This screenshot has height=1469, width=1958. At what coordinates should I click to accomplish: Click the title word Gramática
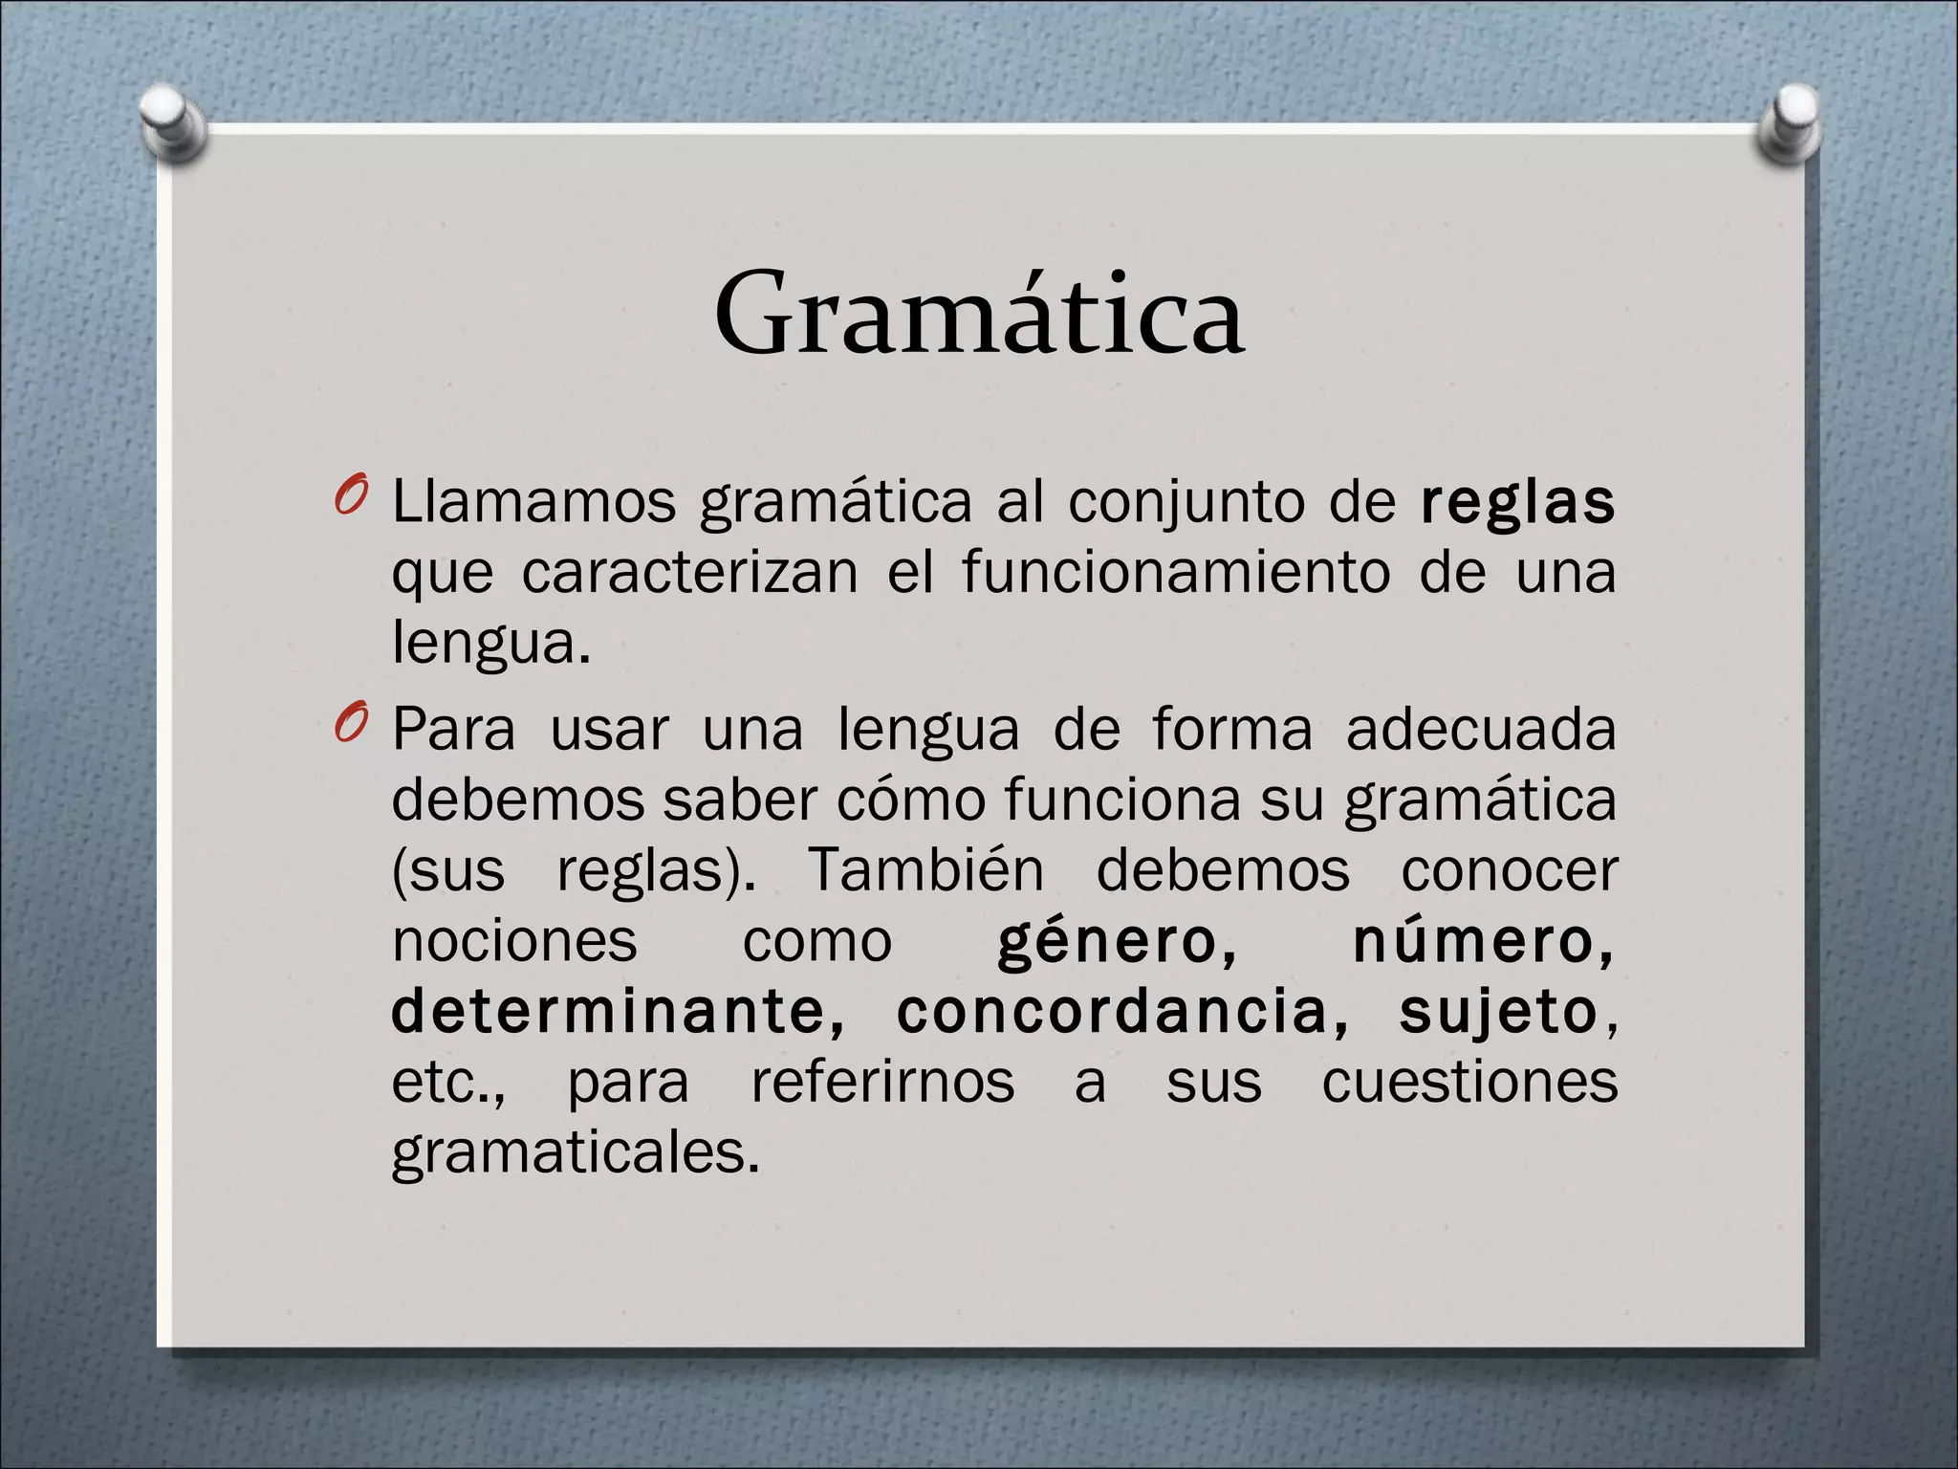(x=978, y=314)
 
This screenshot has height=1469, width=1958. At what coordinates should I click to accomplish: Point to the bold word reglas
(x=1517, y=503)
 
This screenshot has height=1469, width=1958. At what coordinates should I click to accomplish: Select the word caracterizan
(x=690, y=573)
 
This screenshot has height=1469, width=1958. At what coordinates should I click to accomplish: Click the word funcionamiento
(x=1176, y=573)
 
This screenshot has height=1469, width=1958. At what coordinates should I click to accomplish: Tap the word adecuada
(x=1481, y=729)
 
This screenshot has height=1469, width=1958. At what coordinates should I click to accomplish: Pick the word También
(x=926, y=870)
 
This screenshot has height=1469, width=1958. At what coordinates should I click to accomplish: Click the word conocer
(x=1509, y=870)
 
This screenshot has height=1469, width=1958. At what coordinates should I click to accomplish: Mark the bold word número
(x=1483, y=941)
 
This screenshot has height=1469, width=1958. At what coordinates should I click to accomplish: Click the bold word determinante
(x=619, y=1012)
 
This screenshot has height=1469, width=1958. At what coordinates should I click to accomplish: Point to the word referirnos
(x=882, y=1083)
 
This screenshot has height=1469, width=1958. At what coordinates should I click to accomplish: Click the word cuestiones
(x=1469, y=1083)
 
